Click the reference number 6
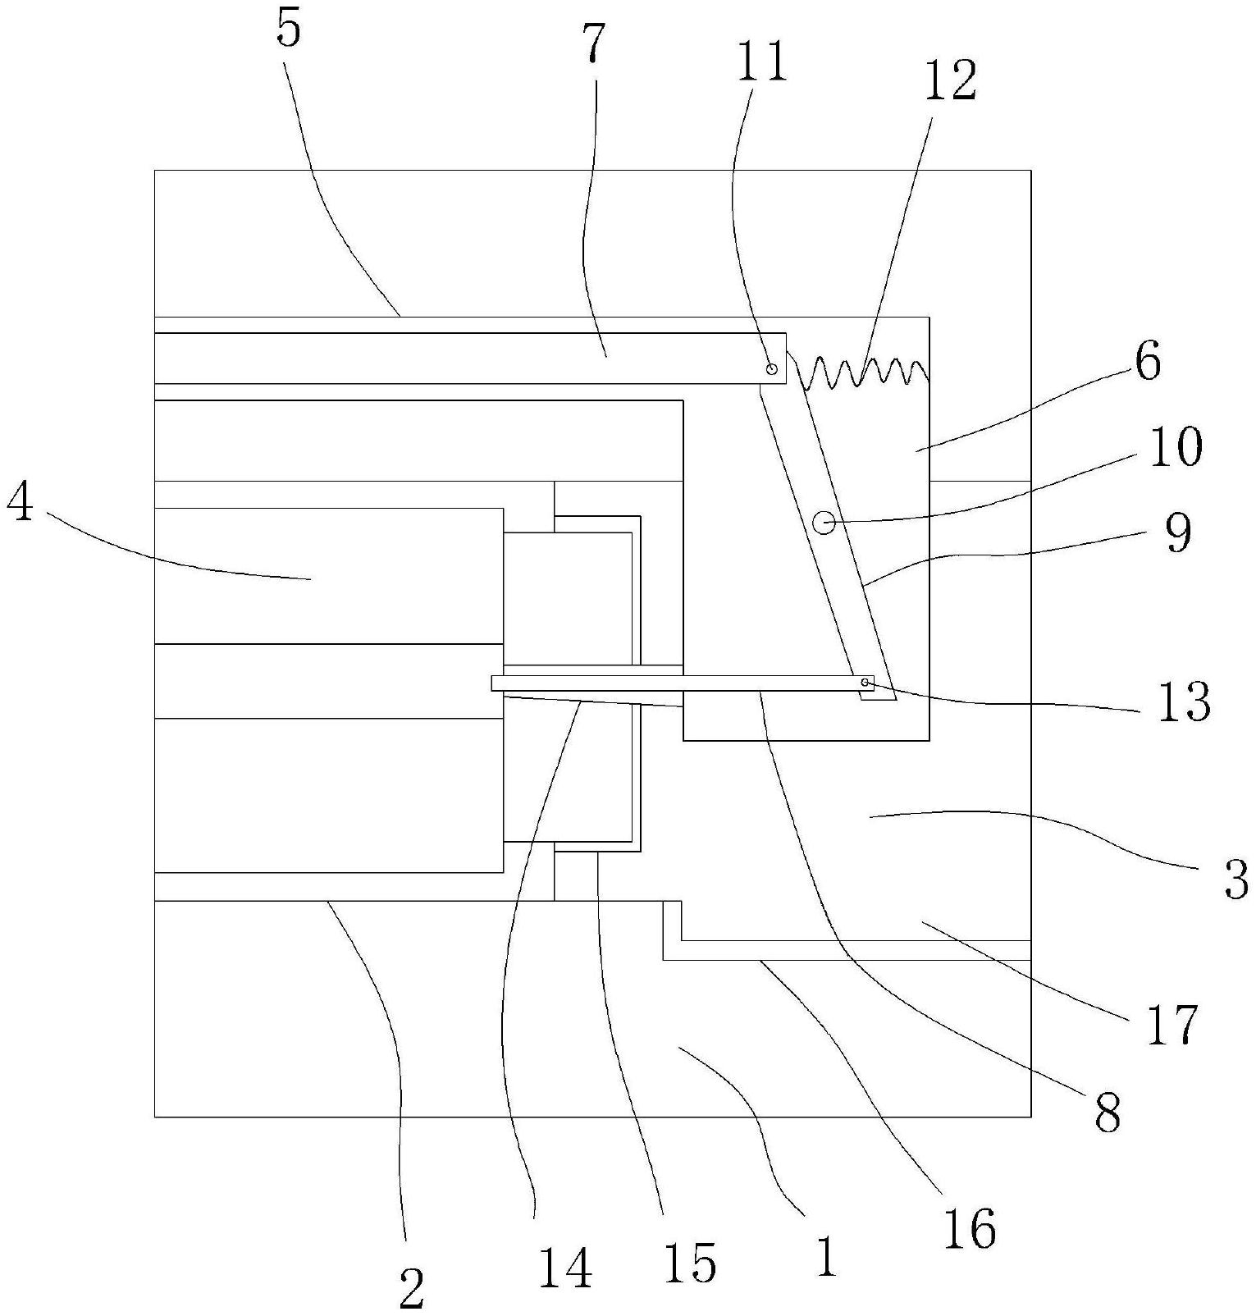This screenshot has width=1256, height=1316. pyautogui.click(x=1148, y=360)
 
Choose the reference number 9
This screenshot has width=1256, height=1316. pyautogui.click(x=1177, y=532)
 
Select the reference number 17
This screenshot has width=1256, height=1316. pyautogui.click(x=1172, y=1025)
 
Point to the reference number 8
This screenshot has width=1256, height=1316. pyautogui.click(x=1108, y=1113)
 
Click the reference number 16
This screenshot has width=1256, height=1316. pyautogui.click(x=970, y=1228)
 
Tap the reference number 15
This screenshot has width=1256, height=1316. pyautogui.click(x=692, y=1261)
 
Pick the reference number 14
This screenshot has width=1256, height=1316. pyautogui.click(x=567, y=1268)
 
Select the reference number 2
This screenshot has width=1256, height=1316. pyautogui.click(x=411, y=1288)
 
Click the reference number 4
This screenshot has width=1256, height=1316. pyautogui.click(x=21, y=505)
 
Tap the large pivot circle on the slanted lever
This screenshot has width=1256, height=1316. pyautogui.click(x=824, y=521)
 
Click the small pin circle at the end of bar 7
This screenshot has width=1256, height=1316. pyautogui.click(x=771, y=368)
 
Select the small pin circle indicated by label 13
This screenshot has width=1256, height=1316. pyautogui.click(x=865, y=683)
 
